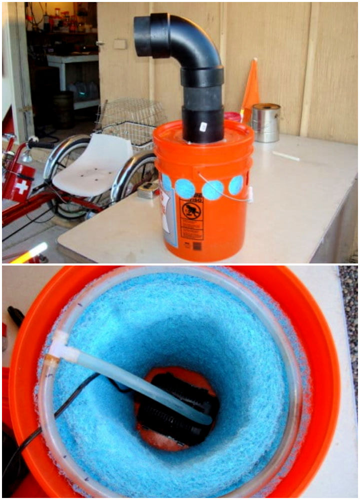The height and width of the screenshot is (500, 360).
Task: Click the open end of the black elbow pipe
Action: (x=141, y=34)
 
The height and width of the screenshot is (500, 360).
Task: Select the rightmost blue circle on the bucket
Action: (x=236, y=185)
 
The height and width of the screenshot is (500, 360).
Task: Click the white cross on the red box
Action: (x=21, y=187)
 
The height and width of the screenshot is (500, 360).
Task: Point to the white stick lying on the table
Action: (x=285, y=156)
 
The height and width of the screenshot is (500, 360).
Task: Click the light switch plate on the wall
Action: (x=119, y=44)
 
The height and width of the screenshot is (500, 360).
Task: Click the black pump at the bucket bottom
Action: (x=175, y=410)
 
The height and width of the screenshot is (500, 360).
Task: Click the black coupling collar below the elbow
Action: (x=202, y=76)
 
